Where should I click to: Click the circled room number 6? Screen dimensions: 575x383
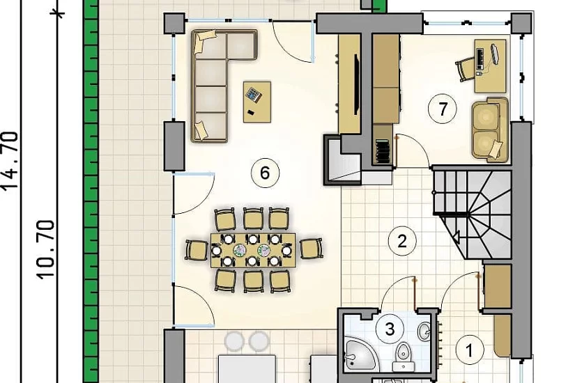[265, 173]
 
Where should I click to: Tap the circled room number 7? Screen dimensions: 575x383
[443, 109]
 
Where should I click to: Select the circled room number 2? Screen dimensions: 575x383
[402, 241]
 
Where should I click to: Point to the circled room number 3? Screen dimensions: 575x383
[390, 329]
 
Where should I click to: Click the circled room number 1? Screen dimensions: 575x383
[469, 351]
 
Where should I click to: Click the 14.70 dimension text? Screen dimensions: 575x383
[10, 160]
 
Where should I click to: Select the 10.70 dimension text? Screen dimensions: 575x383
[46, 249]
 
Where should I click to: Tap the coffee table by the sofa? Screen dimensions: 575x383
[257, 102]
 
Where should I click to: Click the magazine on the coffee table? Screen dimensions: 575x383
[254, 95]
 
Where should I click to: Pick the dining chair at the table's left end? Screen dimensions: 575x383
[197, 250]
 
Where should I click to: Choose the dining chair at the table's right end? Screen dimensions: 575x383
[312, 249]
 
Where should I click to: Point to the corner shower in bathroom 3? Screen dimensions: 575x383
[359, 353]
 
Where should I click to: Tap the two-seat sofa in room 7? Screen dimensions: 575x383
[490, 130]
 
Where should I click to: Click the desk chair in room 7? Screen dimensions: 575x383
[465, 68]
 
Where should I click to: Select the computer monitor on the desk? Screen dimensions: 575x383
[494, 54]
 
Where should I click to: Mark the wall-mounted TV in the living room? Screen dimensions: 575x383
[356, 84]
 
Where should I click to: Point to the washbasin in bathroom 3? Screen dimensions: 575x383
[424, 331]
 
